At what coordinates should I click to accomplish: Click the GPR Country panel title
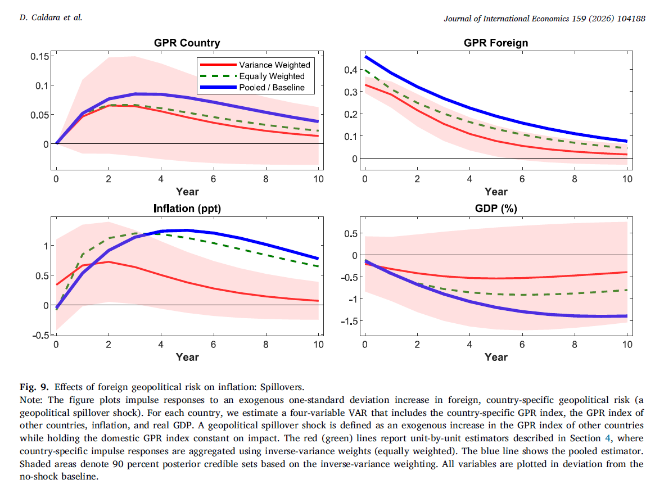pos(187,43)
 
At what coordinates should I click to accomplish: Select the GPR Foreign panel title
pos(495,43)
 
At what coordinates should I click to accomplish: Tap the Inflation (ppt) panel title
pos(187,209)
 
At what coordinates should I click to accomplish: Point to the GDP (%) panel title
pos(495,209)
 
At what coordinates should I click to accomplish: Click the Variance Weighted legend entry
pos(274,65)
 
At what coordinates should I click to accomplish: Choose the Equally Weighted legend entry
pos(272,76)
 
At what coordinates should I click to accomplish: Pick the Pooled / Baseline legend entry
pos(272,87)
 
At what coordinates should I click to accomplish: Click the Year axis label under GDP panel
pos(495,357)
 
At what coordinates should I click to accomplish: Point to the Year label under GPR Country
pos(187,192)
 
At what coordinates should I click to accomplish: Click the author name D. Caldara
pos(37,18)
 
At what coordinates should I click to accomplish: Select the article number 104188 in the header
pos(630,18)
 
